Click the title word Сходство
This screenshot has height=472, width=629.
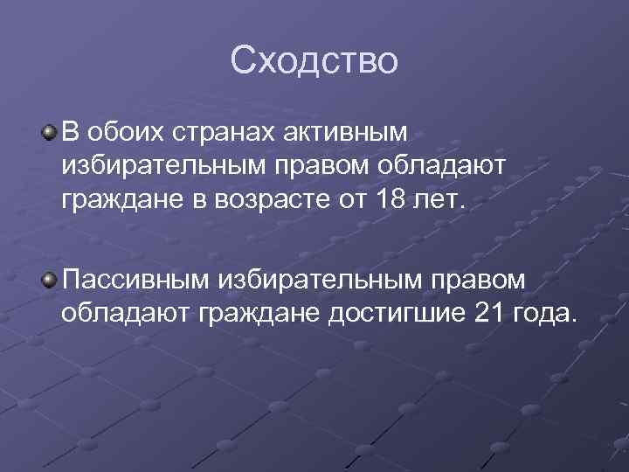pyautogui.click(x=314, y=60)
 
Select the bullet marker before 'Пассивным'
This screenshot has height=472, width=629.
pyautogui.click(x=51, y=279)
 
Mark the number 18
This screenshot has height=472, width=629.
pyautogui.click(x=391, y=201)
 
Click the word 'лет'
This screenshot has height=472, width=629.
pyautogui.click(x=445, y=201)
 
